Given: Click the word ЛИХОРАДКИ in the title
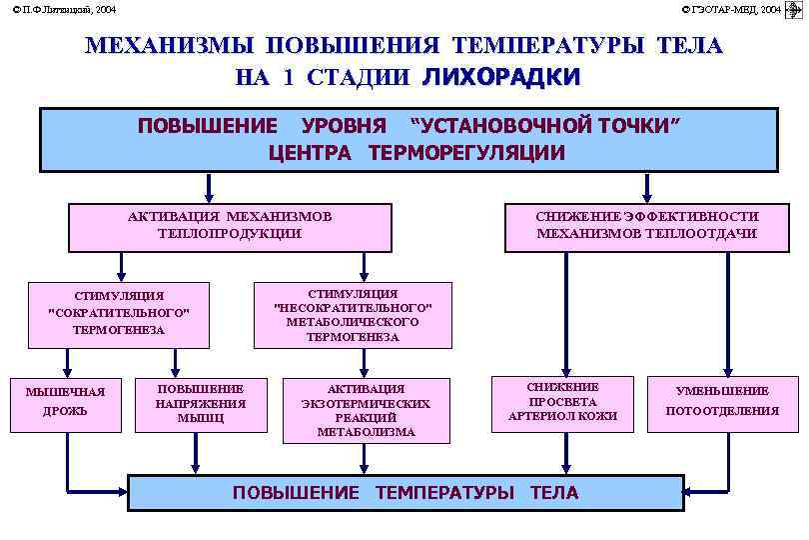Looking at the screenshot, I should click(x=500, y=77).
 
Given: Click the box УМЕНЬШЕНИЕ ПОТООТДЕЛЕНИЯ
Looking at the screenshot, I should click(x=722, y=402).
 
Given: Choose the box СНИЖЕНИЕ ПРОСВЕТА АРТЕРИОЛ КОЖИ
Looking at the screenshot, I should click(x=562, y=402).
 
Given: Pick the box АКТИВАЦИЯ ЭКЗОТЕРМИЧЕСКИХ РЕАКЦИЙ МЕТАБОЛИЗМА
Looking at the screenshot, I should click(x=366, y=410).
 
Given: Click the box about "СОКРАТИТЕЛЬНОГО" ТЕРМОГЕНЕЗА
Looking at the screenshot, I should click(x=119, y=313).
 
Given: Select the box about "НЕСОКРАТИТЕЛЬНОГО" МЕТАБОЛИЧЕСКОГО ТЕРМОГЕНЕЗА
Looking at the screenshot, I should click(x=353, y=315).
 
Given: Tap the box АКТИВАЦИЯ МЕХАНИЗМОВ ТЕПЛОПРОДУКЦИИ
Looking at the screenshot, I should click(x=229, y=225).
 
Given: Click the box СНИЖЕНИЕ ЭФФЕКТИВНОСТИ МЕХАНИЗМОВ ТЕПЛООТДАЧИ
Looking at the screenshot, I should click(x=646, y=225).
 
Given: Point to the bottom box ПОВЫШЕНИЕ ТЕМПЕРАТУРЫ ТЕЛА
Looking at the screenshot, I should click(x=404, y=492).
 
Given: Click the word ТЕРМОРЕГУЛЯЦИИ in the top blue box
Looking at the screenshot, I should click(x=466, y=153).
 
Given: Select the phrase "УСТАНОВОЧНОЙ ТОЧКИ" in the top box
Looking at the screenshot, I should click(x=545, y=126).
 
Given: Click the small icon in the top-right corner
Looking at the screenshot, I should click(x=796, y=9).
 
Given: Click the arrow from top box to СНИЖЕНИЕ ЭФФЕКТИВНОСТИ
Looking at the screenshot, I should click(x=646, y=188).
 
